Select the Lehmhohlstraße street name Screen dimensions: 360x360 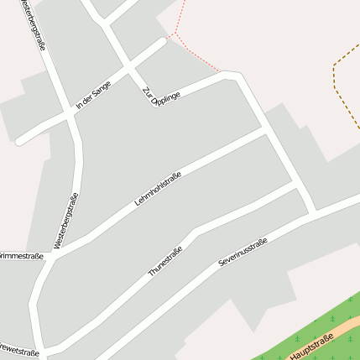159,189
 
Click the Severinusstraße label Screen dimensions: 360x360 243,252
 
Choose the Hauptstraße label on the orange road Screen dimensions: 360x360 311,347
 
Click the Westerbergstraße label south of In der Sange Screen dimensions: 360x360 65,221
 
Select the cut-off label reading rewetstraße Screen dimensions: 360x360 19,351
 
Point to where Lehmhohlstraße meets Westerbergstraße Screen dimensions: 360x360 53,255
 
